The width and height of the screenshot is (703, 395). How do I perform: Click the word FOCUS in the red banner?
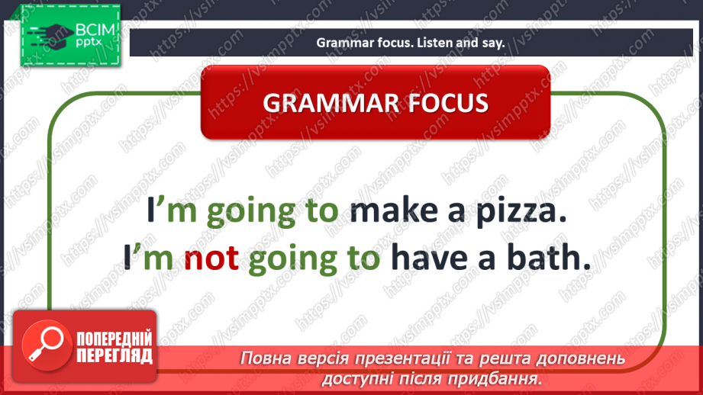(443, 103)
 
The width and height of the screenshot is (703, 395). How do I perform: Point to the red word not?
(212, 259)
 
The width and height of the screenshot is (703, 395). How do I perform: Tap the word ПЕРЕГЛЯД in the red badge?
(114, 355)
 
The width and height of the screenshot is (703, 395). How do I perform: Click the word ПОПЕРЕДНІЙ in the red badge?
(114, 338)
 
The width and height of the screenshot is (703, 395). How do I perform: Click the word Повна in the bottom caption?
(263, 358)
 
